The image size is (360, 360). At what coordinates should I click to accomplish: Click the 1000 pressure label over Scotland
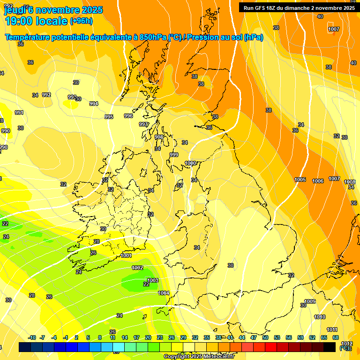click(190, 163)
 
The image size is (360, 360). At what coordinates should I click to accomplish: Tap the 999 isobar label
click(174, 155)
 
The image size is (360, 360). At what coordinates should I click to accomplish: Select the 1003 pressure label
click(153, 280)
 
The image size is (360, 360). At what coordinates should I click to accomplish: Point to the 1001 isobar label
click(126, 255)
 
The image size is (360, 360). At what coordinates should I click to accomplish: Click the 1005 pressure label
click(300, 180)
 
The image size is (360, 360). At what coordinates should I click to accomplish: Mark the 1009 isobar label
click(310, 301)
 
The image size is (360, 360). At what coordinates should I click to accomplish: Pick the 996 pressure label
click(128, 116)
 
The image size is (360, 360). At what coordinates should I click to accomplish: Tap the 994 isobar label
click(94, 104)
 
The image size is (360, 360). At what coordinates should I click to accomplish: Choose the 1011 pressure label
click(332, 330)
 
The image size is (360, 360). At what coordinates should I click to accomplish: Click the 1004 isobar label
click(164, 293)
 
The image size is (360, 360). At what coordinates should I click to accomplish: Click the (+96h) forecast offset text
click(81, 21)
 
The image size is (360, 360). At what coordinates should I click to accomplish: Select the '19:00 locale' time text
click(36, 21)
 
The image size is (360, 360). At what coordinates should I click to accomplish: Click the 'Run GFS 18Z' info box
click(299, 7)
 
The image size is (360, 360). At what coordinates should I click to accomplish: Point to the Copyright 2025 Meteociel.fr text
click(198, 356)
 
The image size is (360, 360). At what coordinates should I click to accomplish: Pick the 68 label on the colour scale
click(335, 337)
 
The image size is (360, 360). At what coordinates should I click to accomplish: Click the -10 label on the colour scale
click(32, 337)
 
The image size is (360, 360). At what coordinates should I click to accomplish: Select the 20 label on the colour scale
click(148, 337)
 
